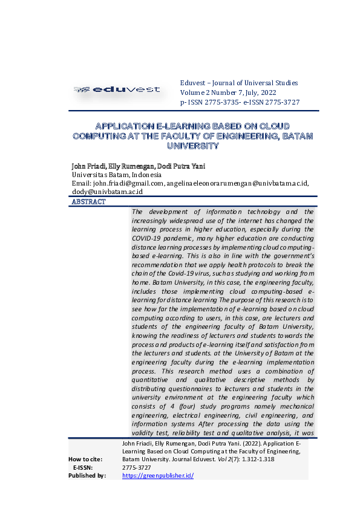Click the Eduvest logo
click(117, 89)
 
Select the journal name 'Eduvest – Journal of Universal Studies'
click(239, 83)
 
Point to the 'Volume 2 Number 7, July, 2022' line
click(232, 92)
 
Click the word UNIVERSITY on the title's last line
click(192, 146)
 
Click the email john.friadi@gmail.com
click(128, 183)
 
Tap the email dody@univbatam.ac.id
click(107, 192)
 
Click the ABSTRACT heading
click(88, 202)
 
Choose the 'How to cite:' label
click(85, 459)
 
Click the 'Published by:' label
click(87, 476)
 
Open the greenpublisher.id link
click(157, 476)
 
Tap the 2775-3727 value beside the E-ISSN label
click(136, 468)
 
